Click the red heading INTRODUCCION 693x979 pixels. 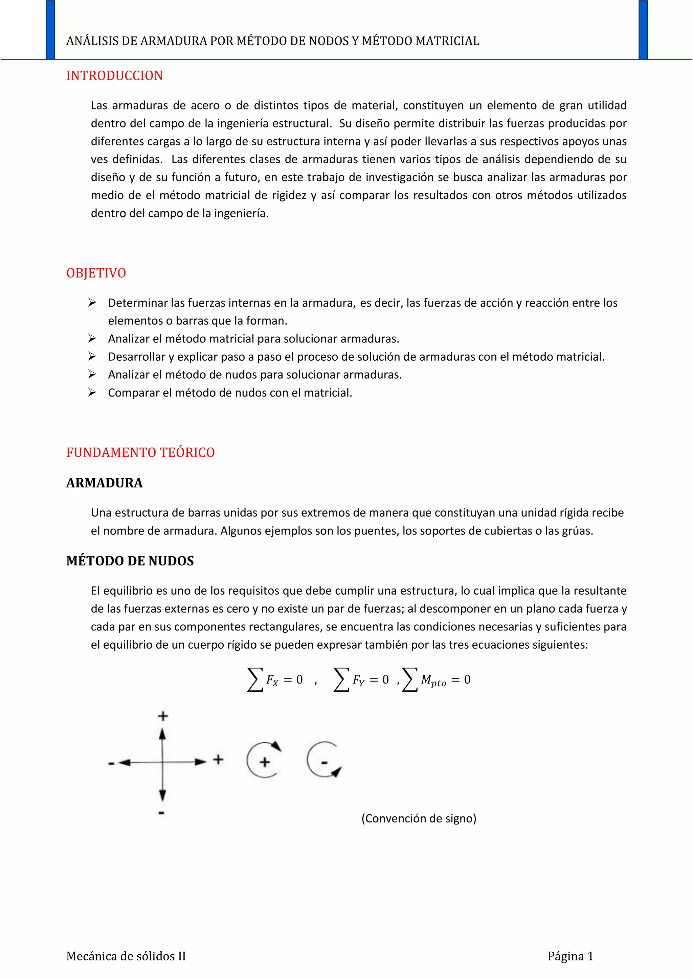click(114, 76)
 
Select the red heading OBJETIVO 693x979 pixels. click(96, 273)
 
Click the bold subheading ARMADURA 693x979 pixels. click(105, 483)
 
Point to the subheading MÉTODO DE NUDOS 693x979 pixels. click(130, 561)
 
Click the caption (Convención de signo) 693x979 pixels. click(419, 818)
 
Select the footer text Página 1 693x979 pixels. click(571, 956)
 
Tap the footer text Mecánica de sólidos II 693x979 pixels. click(126, 956)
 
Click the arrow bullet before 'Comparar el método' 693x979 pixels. click(92, 392)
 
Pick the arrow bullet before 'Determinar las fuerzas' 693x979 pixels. click(92, 302)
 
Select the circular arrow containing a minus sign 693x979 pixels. click(324, 760)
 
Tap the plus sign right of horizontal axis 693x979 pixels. click(219, 759)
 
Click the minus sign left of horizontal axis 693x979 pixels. click(111, 763)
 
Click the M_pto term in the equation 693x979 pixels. click(433, 680)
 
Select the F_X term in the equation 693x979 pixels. click(272, 680)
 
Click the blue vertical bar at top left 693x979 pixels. click(50, 30)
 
